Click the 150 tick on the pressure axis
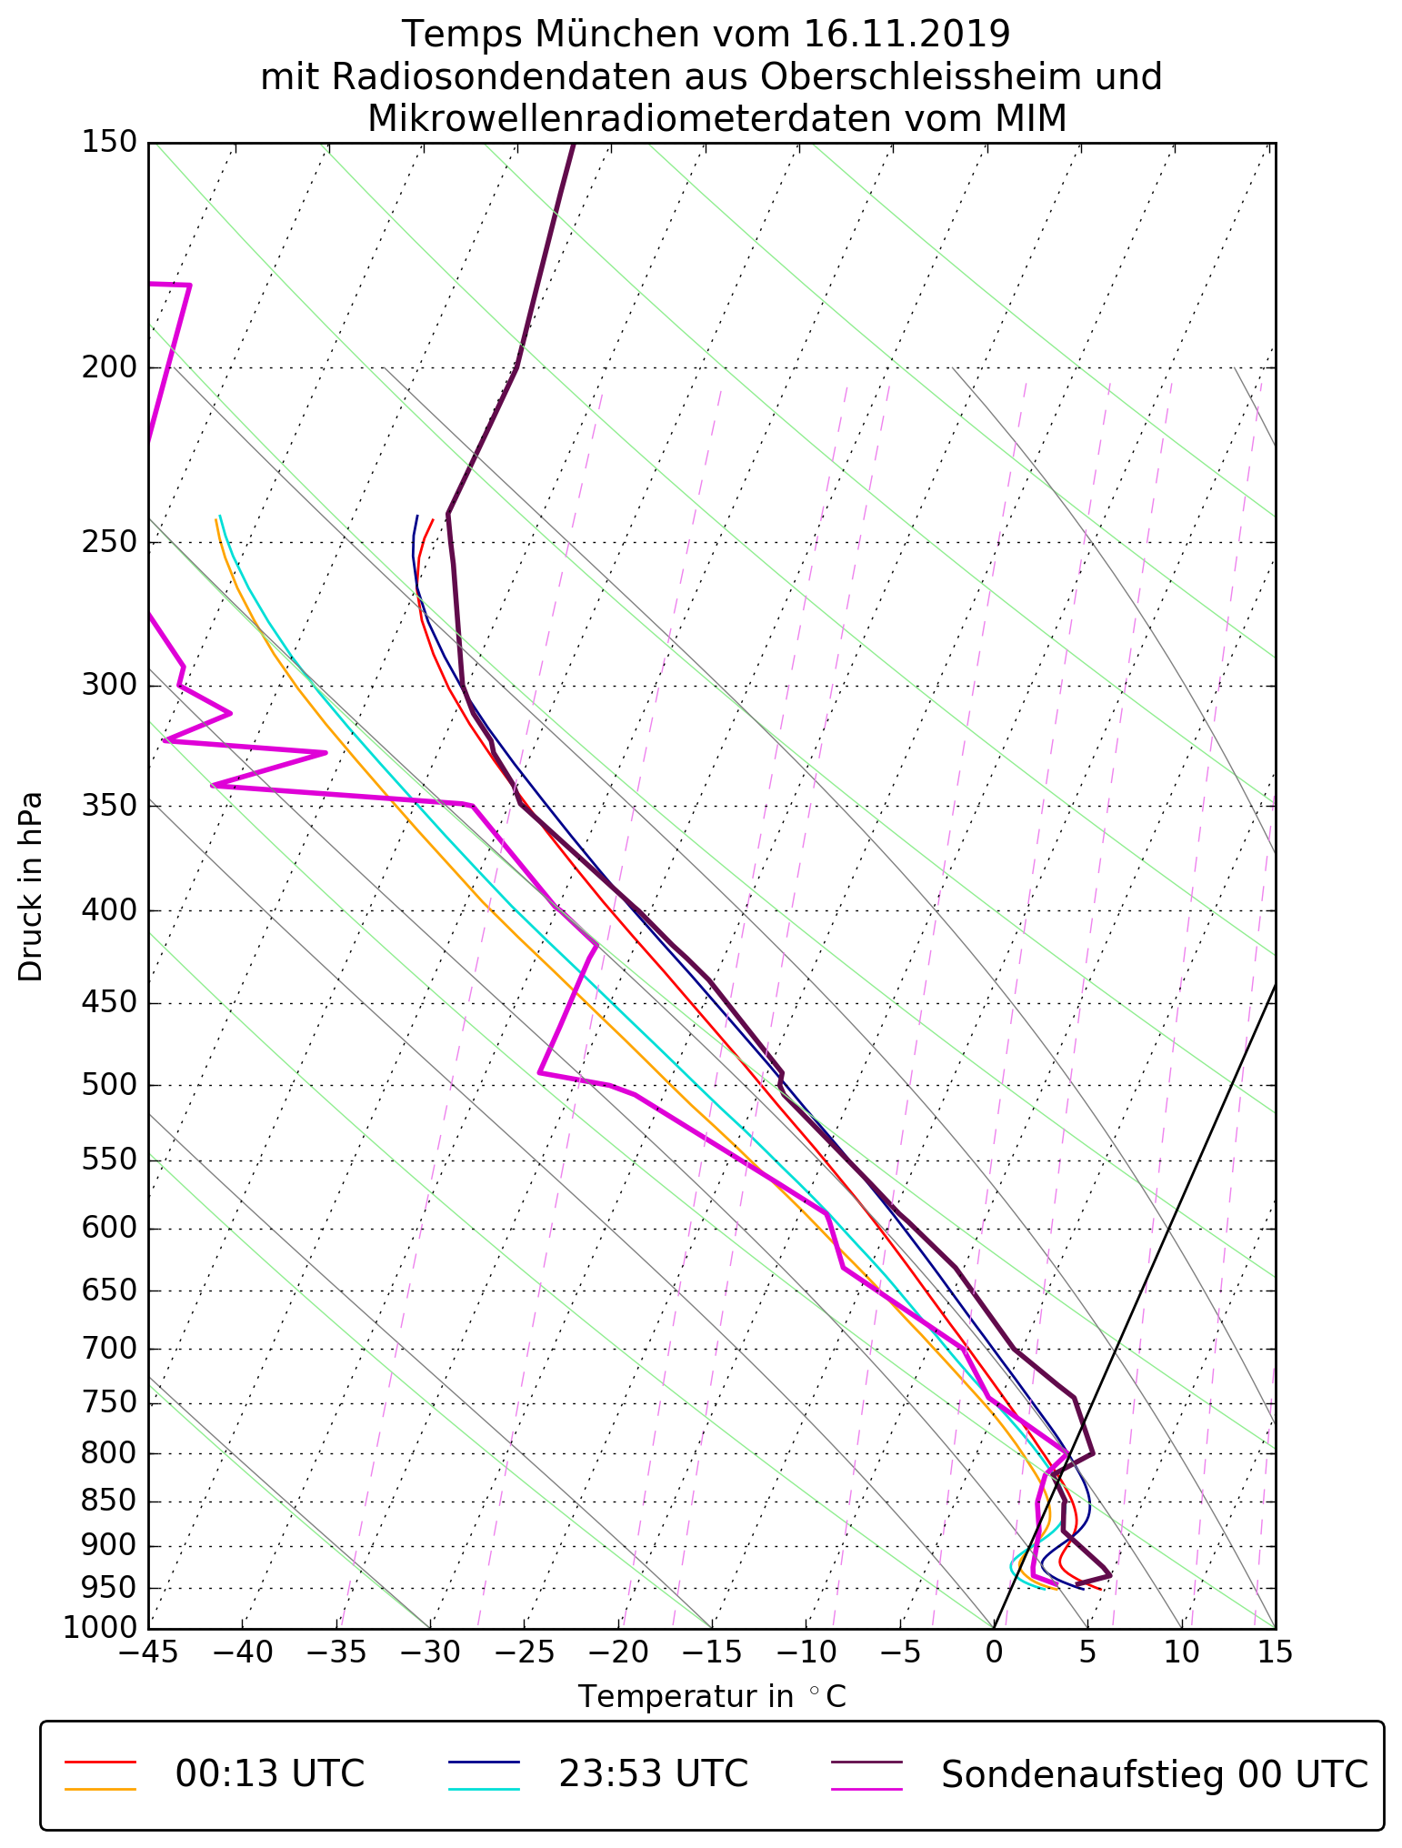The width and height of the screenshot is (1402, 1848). pyautogui.click(x=109, y=143)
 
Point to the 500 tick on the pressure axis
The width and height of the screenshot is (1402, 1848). pyautogui.click(x=109, y=1085)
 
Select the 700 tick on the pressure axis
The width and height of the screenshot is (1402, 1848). pyautogui.click(x=109, y=1349)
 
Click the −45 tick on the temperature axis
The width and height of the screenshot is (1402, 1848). pyautogui.click(x=149, y=1652)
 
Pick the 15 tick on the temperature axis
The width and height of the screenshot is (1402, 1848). pyautogui.click(x=1275, y=1652)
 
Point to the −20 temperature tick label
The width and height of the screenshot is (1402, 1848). pyautogui.click(x=618, y=1652)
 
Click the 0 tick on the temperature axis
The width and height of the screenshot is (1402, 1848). pyautogui.click(x=994, y=1652)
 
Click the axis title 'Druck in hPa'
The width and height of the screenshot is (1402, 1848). pyautogui.click(x=31, y=886)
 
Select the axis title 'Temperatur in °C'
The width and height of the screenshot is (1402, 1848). pyautogui.click(x=712, y=1696)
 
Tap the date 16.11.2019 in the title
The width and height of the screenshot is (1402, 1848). pyautogui.click(x=906, y=35)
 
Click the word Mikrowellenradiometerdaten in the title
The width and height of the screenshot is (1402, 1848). pyautogui.click(x=601, y=118)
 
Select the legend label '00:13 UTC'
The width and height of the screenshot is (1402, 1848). pyautogui.click(x=270, y=1773)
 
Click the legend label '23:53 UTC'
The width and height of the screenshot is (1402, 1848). pyautogui.click(x=653, y=1773)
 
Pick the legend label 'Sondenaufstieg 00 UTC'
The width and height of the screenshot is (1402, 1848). pyautogui.click(x=1154, y=1773)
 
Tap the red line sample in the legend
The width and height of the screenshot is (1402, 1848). pyautogui.click(x=100, y=1762)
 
